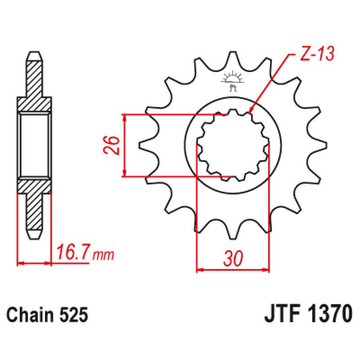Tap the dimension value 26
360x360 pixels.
tap(111, 145)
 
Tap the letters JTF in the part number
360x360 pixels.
tap(280, 313)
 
